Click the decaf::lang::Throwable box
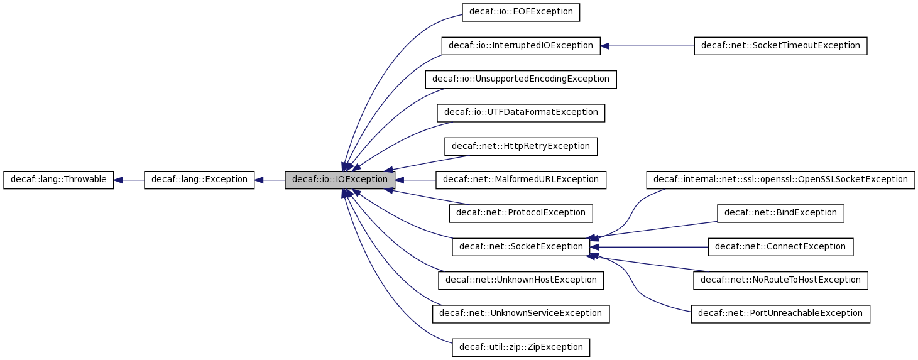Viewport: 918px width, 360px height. pyautogui.click(x=58, y=180)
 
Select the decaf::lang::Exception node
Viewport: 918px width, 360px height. pyautogui.click(x=199, y=180)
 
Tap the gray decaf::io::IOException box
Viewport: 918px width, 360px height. pyautogui.click(x=340, y=180)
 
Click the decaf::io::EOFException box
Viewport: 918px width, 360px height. pyautogui.click(x=520, y=13)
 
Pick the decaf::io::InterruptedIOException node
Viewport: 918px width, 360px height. pyautogui.click(x=520, y=46)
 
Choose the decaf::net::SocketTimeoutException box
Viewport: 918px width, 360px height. pyautogui.click(x=780, y=46)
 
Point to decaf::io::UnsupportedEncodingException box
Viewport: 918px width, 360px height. pyautogui.click(x=520, y=79)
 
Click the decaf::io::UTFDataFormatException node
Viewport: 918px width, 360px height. pyautogui.click(x=520, y=112)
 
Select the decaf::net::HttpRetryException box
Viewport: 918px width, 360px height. pyautogui.click(x=520, y=146)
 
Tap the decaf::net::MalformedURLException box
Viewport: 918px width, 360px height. pyautogui.click(x=520, y=180)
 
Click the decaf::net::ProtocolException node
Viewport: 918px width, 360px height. pyautogui.click(x=520, y=213)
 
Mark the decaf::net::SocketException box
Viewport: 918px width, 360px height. pyautogui.click(x=520, y=247)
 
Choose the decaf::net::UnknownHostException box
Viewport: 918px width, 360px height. pyautogui.click(x=520, y=280)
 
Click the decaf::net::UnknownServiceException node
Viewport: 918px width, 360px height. pyautogui.click(x=520, y=314)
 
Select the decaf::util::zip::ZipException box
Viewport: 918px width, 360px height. pyautogui.click(x=520, y=347)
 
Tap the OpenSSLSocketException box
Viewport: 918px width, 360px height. pyautogui.click(x=780, y=180)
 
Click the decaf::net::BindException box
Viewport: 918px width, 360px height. pyautogui.click(x=780, y=213)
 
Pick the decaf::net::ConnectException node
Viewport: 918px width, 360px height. pyautogui.click(x=780, y=247)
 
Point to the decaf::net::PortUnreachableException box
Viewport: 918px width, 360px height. pyautogui.click(x=780, y=314)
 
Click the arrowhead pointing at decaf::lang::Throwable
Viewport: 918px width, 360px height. pyautogui.click(x=118, y=180)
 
